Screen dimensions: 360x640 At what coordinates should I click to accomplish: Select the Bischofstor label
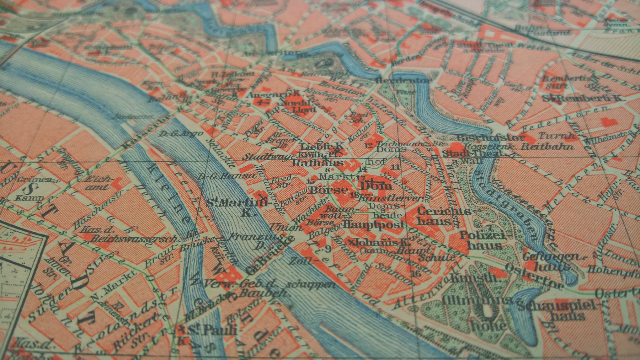[x=490, y=137]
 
